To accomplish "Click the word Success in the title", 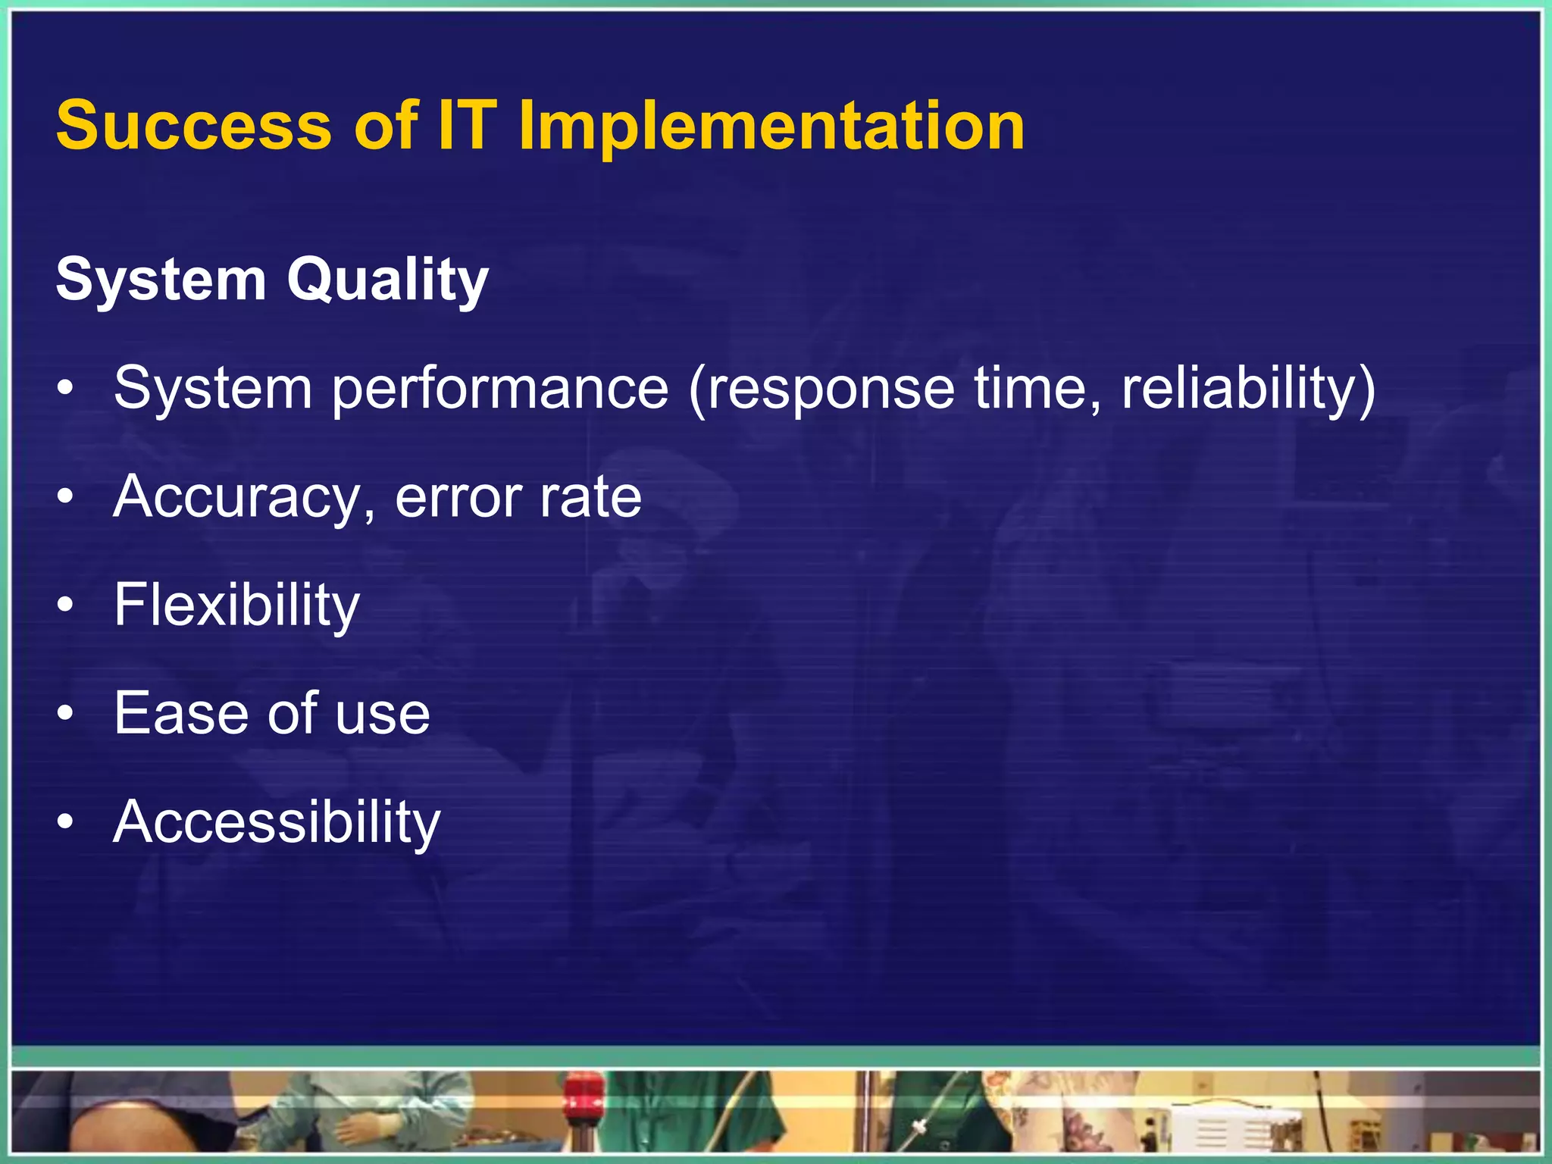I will click(x=194, y=126).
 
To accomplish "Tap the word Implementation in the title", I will click(x=771, y=127).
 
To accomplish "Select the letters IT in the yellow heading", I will click(x=468, y=126).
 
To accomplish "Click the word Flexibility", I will click(x=236, y=606).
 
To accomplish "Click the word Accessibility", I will click(x=277, y=823).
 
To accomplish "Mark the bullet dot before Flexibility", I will click(x=66, y=606).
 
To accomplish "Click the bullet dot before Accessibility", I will click(x=66, y=822).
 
